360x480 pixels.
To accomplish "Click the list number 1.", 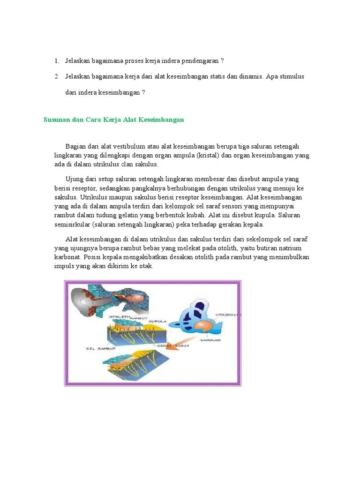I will [56, 61].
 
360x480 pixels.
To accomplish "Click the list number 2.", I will [56, 76].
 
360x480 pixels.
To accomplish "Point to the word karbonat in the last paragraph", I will [68, 257].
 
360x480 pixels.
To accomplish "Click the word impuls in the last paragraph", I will [64, 266].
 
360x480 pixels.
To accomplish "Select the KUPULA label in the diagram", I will [158, 321].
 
